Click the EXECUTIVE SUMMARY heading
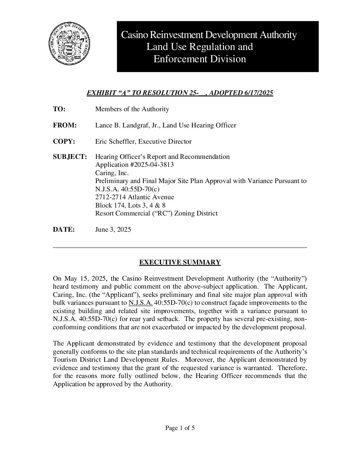click(x=180, y=262)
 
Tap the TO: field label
click(x=59, y=109)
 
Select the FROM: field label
click(x=65, y=125)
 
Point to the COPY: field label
click(x=64, y=142)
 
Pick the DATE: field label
click(x=64, y=230)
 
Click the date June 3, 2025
click(x=113, y=230)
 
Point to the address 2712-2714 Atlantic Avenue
click(x=134, y=197)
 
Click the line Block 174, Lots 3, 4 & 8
click(x=130, y=205)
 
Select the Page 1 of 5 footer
click(x=180, y=428)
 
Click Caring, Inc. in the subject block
click(x=112, y=173)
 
